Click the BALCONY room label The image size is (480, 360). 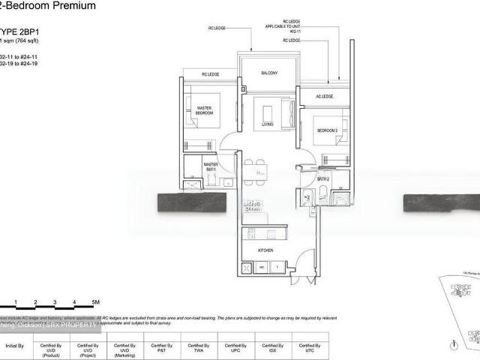click(270, 73)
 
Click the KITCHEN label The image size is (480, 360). click(265, 250)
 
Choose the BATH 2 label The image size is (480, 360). click(323, 179)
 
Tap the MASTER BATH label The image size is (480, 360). click(211, 167)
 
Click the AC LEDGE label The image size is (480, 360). click(325, 97)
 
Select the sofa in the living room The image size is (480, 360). click(268, 106)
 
